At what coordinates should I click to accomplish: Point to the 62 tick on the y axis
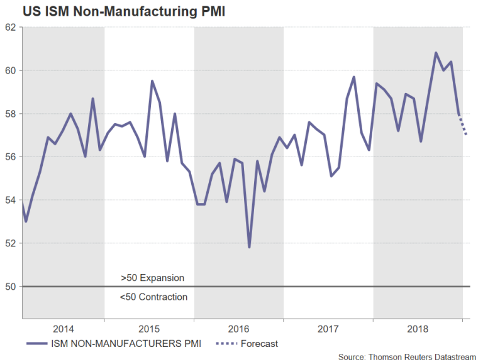coord(10,28)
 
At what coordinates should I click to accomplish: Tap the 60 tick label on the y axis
coord(10,70)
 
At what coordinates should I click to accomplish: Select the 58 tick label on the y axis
coord(10,114)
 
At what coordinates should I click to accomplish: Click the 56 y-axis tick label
coord(10,156)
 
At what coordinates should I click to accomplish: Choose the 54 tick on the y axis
coord(10,200)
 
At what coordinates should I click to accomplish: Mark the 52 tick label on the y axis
coord(10,243)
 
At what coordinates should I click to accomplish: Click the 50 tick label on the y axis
coord(10,287)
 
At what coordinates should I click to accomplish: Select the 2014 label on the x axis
coord(64,329)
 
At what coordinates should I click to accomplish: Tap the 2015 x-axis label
coord(148,329)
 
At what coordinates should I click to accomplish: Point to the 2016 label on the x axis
coord(238,329)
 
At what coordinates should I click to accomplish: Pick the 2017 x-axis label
coord(328,329)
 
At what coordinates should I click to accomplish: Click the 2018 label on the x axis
coord(418,329)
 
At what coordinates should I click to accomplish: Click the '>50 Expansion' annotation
coord(153,277)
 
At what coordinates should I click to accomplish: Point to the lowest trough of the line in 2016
coord(250,247)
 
